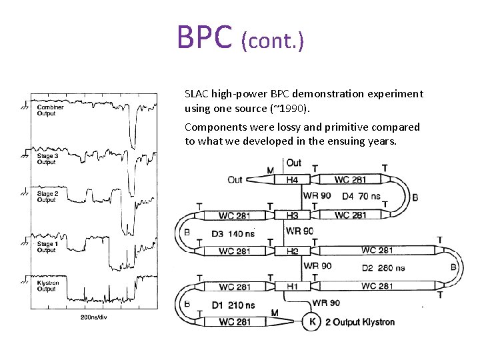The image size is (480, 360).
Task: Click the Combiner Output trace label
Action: click(x=50, y=110)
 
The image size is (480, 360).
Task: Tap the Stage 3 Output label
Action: click(x=47, y=159)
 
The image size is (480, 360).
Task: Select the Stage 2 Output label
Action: click(x=47, y=197)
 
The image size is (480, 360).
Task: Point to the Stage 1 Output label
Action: click(x=47, y=247)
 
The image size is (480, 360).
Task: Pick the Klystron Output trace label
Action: click(x=48, y=286)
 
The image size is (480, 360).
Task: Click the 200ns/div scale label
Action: click(x=94, y=317)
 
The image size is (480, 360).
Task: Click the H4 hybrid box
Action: click(x=292, y=179)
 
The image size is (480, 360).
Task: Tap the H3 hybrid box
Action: click(x=292, y=215)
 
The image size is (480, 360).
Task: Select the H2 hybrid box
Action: click(x=292, y=251)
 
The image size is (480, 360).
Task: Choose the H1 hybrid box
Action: click(x=292, y=287)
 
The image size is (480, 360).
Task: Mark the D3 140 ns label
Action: click(x=233, y=233)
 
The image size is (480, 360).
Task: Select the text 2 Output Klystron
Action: click(x=359, y=322)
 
